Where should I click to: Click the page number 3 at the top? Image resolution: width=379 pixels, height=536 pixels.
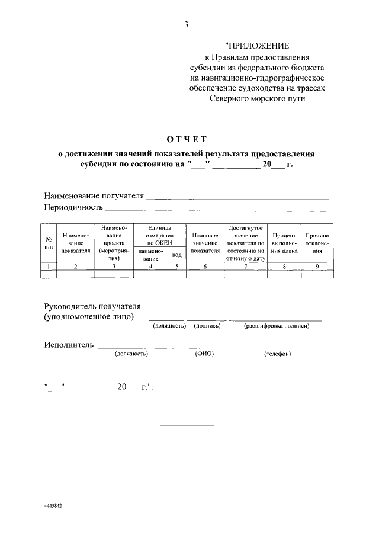click(187, 24)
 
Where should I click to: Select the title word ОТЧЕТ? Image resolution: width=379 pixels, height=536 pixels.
click(187, 139)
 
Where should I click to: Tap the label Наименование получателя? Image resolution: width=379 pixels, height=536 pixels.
click(94, 196)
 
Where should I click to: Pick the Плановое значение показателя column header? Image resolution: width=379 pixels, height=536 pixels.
click(205, 243)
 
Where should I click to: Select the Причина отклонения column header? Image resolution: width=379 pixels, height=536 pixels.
click(317, 243)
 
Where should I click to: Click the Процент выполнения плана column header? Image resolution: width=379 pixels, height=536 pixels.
click(284, 243)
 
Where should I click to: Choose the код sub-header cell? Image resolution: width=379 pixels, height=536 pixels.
click(176, 255)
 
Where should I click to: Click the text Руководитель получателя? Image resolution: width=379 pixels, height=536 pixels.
click(92, 306)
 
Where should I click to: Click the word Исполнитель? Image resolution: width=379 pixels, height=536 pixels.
click(69, 345)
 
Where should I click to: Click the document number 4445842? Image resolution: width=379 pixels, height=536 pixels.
click(53, 507)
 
